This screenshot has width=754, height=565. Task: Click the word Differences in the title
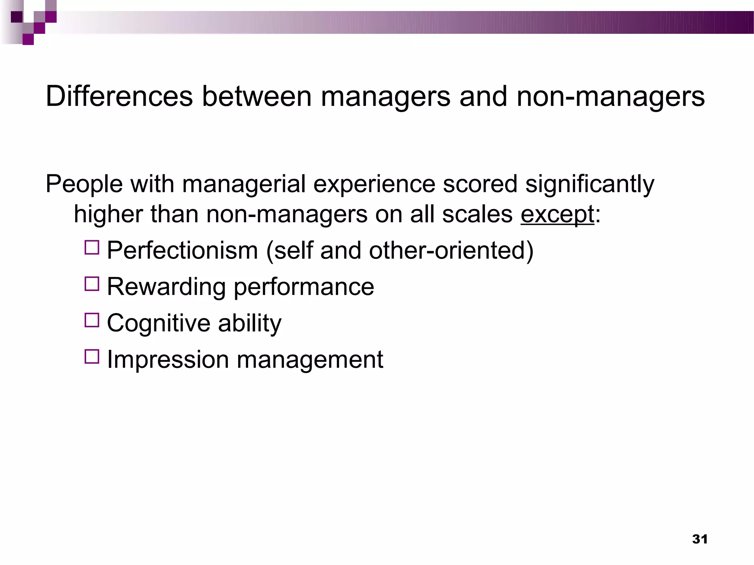(x=119, y=96)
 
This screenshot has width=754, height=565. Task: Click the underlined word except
(x=557, y=215)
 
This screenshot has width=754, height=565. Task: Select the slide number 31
(x=700, y=539)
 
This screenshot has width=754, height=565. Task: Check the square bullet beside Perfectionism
(x=92, y=248)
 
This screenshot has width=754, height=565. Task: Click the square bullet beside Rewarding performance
(x=92, y=284)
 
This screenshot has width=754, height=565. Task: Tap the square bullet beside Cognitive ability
(x=92, y=320)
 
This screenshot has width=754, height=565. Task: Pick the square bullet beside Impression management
(x=92, y=356)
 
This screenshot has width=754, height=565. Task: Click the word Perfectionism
(x=182, y=250)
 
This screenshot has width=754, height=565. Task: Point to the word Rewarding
(x=166, y=287)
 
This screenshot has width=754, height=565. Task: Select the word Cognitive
(x=158, y=323)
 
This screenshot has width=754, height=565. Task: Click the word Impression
(x=168, y=359)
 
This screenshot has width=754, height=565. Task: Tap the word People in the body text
(x=84, y=184)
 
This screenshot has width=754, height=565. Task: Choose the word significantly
(x=589, y=184)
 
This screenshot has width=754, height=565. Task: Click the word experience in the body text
(x=374, y=184)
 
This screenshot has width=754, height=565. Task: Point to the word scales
(x=477, y=214)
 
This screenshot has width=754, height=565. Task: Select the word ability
(x=250, y=323)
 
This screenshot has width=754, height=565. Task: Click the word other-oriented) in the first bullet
(x=451, y=250)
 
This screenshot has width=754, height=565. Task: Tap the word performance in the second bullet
(x=304, y=287)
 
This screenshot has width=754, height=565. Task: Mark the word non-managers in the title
(x=610, y=96)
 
